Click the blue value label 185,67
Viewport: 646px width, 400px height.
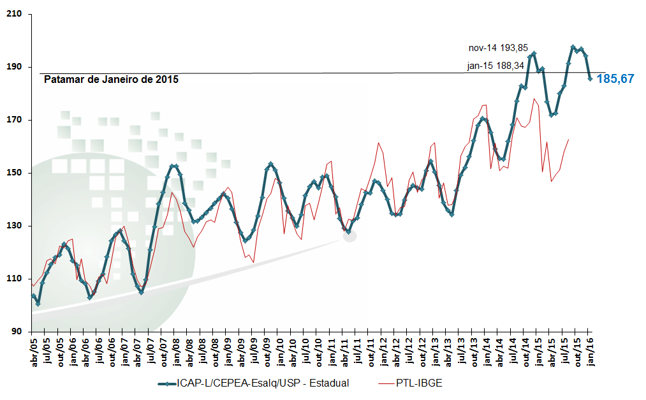tap(615, 79)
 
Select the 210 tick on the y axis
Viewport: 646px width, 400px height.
tap(15, 14)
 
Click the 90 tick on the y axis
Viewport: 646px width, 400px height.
tap(18, 332)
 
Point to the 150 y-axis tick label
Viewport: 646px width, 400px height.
tap(15, 173)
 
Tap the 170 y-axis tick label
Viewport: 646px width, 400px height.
tap(15, 120)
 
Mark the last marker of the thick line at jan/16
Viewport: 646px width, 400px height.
tap(591, 78)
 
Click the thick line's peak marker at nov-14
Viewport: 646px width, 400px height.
tap(534, 53)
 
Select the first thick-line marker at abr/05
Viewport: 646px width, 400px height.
tap(33, 295)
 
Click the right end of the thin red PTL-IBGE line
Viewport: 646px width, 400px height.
tap(569, 139)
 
